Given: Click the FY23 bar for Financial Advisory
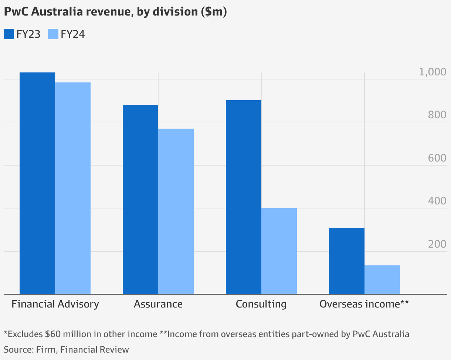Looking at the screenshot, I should point(37,183).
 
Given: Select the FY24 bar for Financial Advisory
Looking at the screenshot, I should point(73,188).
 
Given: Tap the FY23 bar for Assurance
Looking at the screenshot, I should point(140,200).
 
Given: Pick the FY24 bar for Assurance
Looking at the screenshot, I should point(176,211).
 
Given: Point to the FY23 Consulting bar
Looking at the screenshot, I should point(244,197).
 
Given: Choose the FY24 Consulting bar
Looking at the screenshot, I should point(279,251).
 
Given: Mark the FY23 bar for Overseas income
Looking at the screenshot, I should point(347,261).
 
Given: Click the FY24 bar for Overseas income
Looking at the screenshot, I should point(382,280).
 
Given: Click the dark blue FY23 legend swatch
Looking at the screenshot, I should point(9,34).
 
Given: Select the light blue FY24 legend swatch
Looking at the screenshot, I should point(53,34).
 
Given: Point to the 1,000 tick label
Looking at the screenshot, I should point(433,72).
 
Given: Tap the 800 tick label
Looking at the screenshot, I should point(437,115).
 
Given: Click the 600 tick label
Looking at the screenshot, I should point(437,158).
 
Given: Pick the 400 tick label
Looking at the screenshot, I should point(437,201).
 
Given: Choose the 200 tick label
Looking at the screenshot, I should point(437,244).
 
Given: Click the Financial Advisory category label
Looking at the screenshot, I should point(55,304).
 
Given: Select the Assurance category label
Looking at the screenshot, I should point(158,304).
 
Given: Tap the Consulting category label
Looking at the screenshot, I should point(261,304).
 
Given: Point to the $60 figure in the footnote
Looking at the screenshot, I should point(52,334).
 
